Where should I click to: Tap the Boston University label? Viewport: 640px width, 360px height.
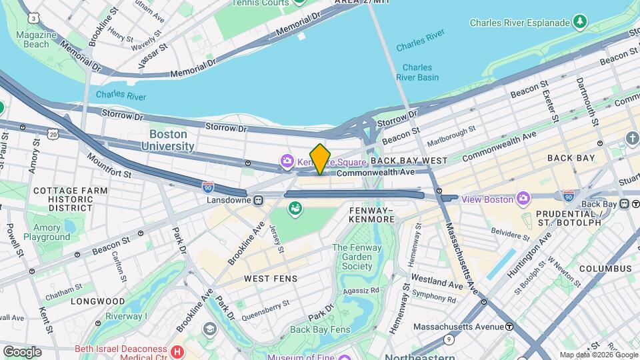167,140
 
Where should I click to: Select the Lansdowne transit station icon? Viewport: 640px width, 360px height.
257,199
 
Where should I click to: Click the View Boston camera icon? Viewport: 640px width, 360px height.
523,199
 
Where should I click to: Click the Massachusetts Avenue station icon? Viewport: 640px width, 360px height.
509,327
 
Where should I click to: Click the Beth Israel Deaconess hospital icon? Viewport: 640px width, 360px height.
177,351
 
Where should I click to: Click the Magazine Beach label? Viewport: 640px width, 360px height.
33,39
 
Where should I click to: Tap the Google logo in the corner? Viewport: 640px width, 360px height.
22,351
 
